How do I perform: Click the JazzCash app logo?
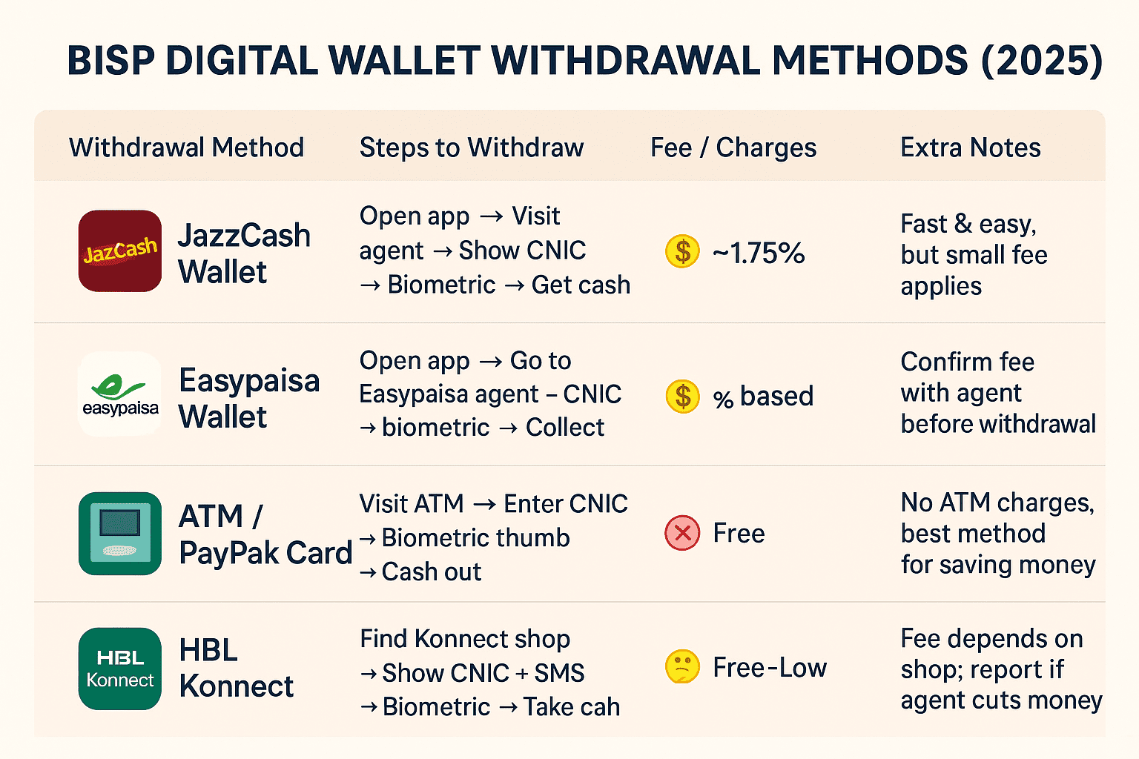pos(120,251)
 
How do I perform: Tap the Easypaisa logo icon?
pos(120,394)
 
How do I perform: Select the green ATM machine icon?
pos(120,533)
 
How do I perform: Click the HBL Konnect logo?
pos(120,669)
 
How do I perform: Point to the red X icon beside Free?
pos(682,533)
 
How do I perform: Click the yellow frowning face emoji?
pos(682,666)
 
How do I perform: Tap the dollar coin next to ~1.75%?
pos(682,251)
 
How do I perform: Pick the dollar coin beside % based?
pos(682,397)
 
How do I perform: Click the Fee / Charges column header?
pos(733,148)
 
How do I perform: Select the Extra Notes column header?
pos(971,148)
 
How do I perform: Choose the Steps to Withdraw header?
pos(472,148)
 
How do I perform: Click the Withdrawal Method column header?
pos(186,148)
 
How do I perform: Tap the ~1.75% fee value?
pos(758,253)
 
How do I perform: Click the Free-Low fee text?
pos(770,667)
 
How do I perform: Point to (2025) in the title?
pos(1042,60)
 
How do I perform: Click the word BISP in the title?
pos(110,60)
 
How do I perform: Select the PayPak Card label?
pos(265,553)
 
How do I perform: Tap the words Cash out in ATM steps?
pos(431,571)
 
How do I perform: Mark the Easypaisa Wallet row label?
pos(249,399)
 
